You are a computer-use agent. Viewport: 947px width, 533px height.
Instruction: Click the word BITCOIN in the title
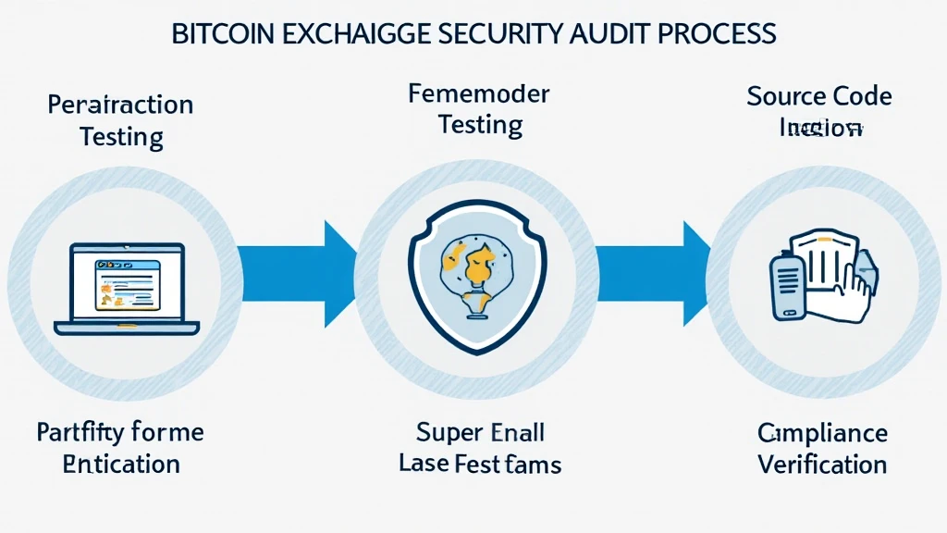[222, 35]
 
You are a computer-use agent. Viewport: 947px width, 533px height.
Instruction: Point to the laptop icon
[127, 286]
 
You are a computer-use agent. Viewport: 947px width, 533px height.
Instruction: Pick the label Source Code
[819, 96]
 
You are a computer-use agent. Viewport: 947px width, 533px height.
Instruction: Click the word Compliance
[822, 433]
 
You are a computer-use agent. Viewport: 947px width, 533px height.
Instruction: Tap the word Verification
[822, 464]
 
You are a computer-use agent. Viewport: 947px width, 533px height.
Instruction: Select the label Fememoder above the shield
[478, 94]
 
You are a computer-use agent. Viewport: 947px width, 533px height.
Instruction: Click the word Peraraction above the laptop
[120, 105]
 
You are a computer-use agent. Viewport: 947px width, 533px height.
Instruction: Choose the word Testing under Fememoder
[479, 125]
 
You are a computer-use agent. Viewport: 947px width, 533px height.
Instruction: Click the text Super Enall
[480, 432]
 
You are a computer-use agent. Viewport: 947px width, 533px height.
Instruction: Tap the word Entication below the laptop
[121, 464]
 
